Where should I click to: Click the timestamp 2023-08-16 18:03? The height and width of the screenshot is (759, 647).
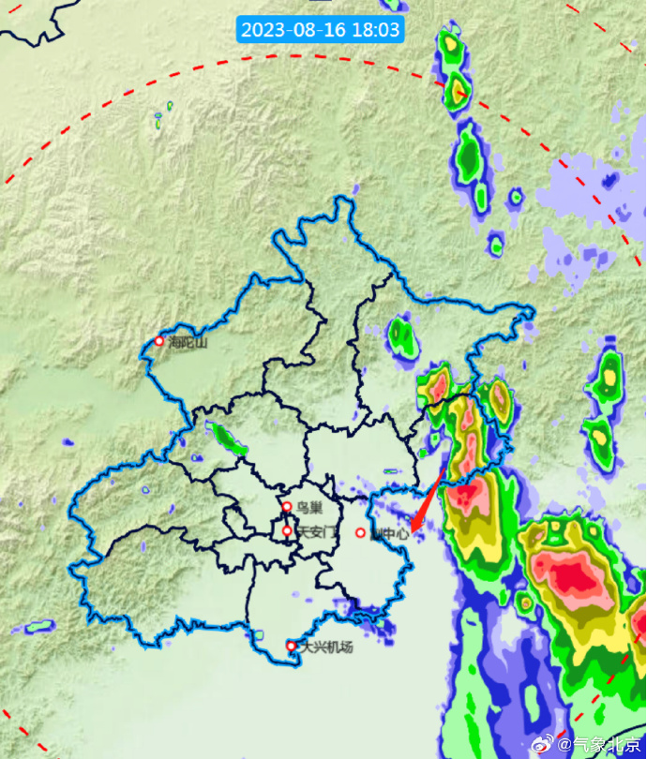pyautogui.click(x=321, y=30)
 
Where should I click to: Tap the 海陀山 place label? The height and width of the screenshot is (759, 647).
pyautogui.click(x=187, y=342)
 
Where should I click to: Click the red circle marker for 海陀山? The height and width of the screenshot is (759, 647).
pyautogui.click(x=159, y=341)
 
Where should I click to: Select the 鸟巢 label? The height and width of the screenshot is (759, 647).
pyautogui.click(x=309, y=508)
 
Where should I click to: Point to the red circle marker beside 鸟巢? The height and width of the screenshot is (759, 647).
pyautogui.click(x=287, y=507)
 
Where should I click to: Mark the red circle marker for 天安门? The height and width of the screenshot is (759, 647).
pyautogui.click(x=287, y=531)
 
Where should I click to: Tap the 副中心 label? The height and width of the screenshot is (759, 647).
pyautogui.click(x=391, y=533)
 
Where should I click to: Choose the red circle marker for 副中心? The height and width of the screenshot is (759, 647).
pyautogui.click(x=360, y=533)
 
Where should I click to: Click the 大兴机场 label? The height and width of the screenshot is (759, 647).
pyautogui.click(x=326, y=647)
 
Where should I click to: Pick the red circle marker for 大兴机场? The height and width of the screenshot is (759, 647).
pyautogui.click(x=291, y=646)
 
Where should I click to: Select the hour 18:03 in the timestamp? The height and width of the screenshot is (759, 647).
pyautogui.click(x=376, y=30)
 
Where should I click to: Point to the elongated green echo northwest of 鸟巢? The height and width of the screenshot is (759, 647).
pyautogui.click(x=230, y=439)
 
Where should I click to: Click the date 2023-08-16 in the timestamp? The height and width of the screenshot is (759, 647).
pyautogui.click(x=293, y=30)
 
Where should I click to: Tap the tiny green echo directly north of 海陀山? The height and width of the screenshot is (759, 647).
pyautogui.click(x=158, y=118)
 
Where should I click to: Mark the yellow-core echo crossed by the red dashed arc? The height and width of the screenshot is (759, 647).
pyautogui.click(x=456, y=90)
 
